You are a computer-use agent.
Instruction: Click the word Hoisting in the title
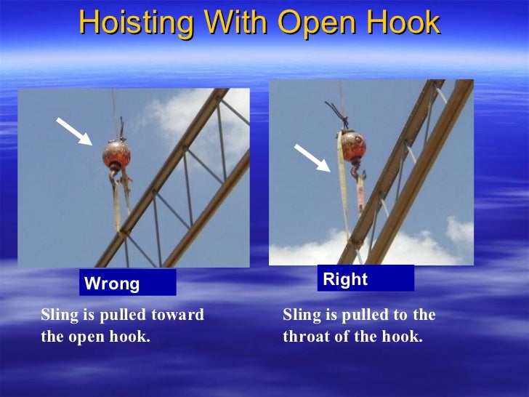tap(132, 23)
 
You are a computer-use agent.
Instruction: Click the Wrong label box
tap(128, 284)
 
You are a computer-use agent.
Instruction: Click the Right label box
tap(365, 279)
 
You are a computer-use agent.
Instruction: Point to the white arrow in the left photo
tap(75, 132)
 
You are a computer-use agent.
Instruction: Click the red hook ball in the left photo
tap(116, 154)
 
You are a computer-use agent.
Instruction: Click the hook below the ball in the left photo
tap(117, 176)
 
